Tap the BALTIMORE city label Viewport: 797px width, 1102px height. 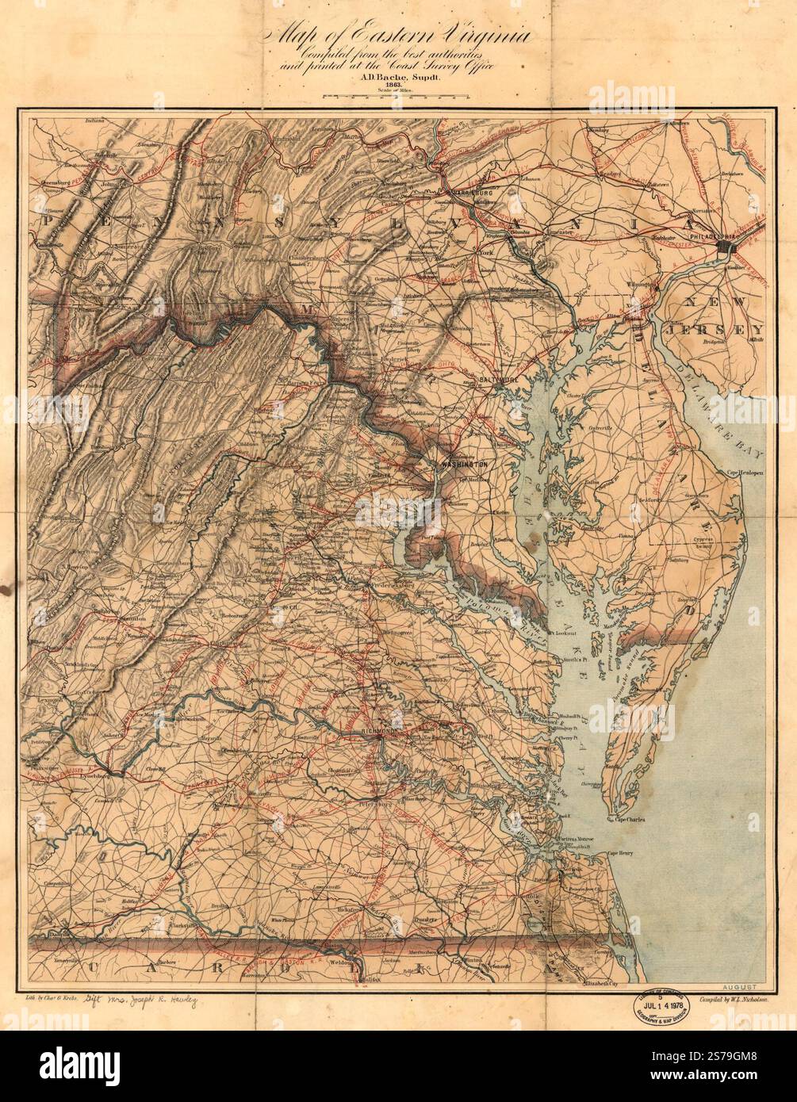click(499, 381)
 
